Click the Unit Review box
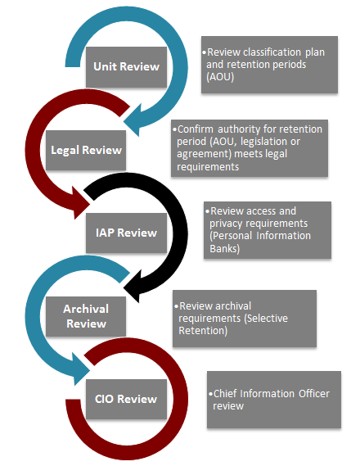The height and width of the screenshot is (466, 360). click(126, 67)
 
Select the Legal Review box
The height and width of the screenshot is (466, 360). click(86, 150)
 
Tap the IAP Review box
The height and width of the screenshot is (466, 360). click(126, 233)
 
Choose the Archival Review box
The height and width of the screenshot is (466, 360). click(86, 316)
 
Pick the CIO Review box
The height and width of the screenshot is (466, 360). click(126, 399)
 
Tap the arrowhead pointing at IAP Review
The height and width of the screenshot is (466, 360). click(79, 203)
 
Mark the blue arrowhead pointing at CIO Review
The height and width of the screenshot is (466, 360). click(79, 369)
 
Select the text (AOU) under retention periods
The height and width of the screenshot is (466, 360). click(220, 77)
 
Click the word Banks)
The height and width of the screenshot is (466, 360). click(225, 248)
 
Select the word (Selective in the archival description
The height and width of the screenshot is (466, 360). click(266, 319)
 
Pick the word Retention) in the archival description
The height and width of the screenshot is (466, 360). click(203, 331)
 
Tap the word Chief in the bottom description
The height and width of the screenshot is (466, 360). click(225, 394)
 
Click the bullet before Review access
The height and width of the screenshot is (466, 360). click(208, 211)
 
